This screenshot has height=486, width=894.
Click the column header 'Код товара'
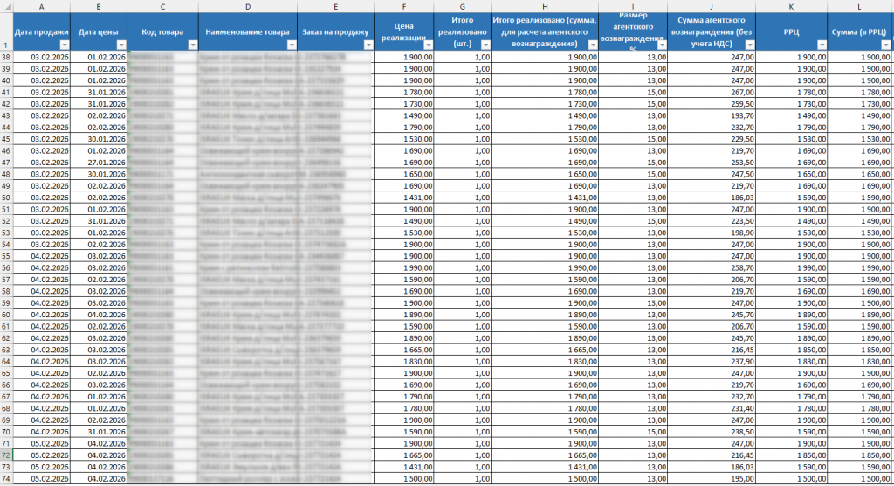pyautogui.click(x=162, y=31)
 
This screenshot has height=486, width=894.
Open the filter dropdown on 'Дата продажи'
pyautogui.click(x=64, y=45)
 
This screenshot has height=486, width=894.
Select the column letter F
pyautogui.click(x=403, y=7)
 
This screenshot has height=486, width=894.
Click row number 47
pyautogui.click(x=6, y=162)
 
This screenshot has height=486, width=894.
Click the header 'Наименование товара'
pyautogui.click(x=247, y=31)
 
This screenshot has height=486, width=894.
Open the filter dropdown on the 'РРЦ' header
pyautogui.click(x=820, y=45)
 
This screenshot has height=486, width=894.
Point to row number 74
pyautogui.click(x=6, y=478)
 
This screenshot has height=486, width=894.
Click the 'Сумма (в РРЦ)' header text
pyautogui.click(x=859, y=31)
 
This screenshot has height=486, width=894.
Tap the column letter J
pyautogui.click(x=712, y=7)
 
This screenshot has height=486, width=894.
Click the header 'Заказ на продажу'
pyautogui.click(x=335, y=31)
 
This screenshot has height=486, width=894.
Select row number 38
pyautogui.click(x=6, y=57)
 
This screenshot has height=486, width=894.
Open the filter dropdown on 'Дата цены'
pyautogui.click(x=121, y=45)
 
